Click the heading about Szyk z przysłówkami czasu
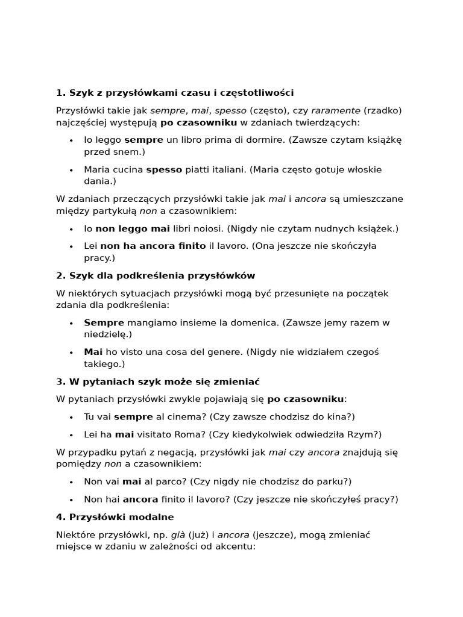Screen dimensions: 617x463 (x=175, y=93)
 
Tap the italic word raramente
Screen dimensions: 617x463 (x=336, y=111)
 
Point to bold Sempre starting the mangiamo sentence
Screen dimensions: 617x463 (x=104, y=323)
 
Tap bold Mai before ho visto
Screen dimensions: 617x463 (x=93, y=352)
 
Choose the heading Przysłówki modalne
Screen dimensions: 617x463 (x=115, y=517)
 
